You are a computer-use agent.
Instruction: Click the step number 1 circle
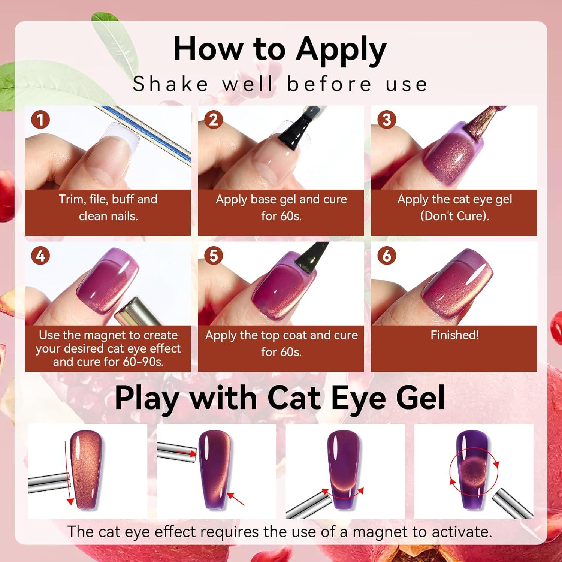pos(41,120)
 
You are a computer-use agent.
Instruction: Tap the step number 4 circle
pos(41,256)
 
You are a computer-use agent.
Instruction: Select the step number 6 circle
pos(387,256)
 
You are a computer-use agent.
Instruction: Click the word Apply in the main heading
pos(341,51)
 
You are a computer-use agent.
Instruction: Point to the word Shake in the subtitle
pos(170,84)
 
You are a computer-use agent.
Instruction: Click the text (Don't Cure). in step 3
pos(454,216)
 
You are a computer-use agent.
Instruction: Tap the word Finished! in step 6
pos(454,335)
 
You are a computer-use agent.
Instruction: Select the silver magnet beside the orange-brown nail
pos(49,481)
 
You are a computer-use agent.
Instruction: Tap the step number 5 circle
pos(214,256)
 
